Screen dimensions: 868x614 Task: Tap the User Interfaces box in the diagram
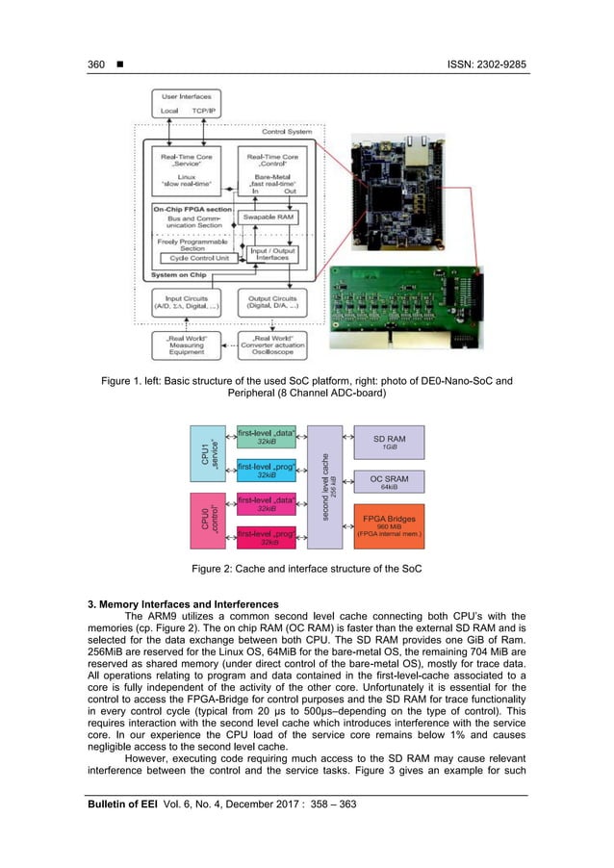pos(185,103)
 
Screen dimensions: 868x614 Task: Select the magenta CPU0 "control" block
pos(208,521)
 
